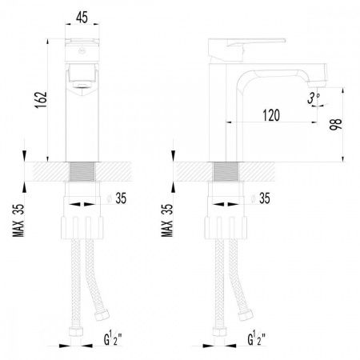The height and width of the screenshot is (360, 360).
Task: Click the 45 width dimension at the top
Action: point(82,18)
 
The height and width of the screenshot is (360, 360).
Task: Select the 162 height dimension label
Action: point(41,100)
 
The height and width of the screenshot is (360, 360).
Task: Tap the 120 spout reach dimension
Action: point(271,115)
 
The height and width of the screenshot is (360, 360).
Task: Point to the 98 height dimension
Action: point(335,124)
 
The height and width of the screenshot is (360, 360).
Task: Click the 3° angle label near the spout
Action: point(314,98)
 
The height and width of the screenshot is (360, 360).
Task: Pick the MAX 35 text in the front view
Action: point(18,220)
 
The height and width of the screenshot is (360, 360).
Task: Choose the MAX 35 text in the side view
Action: point(167,220)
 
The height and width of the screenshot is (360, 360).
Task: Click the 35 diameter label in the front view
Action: point(121,198)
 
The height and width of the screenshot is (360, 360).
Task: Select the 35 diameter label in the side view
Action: point(265,198)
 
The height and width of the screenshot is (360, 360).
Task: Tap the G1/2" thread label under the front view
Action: point(113,338)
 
